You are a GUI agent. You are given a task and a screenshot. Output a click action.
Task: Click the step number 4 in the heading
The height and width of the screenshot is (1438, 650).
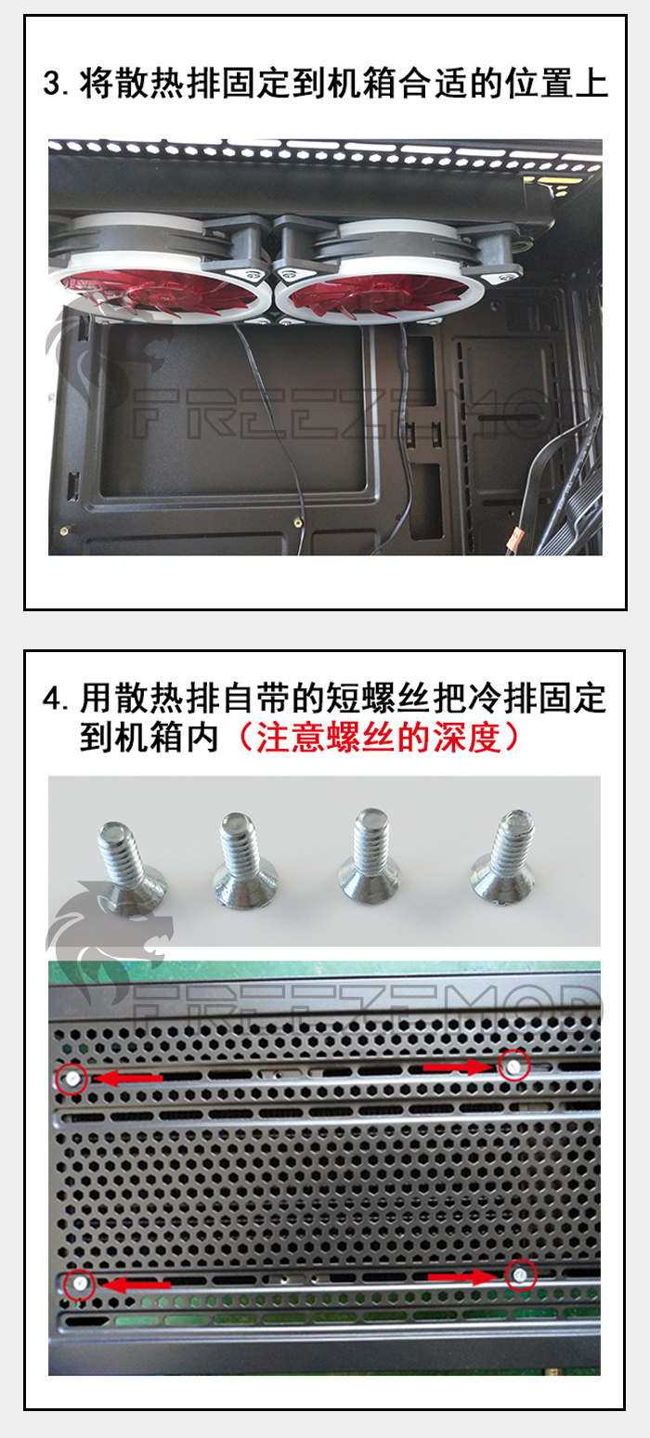point(52,699)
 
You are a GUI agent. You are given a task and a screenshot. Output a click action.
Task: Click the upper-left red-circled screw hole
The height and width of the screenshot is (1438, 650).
point(71,1078)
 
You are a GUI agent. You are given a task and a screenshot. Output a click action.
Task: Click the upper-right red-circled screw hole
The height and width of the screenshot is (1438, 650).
point(514,1065)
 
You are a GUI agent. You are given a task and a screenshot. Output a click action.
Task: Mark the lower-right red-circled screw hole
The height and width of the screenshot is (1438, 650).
point(521,1274)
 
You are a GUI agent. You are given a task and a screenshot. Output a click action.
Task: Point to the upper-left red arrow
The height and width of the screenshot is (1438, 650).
point(128,1078)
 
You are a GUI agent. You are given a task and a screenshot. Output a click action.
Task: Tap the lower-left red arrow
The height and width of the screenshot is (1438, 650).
point(136,1285)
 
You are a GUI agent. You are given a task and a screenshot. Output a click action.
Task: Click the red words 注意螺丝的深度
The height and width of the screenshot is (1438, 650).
point(379,738)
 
